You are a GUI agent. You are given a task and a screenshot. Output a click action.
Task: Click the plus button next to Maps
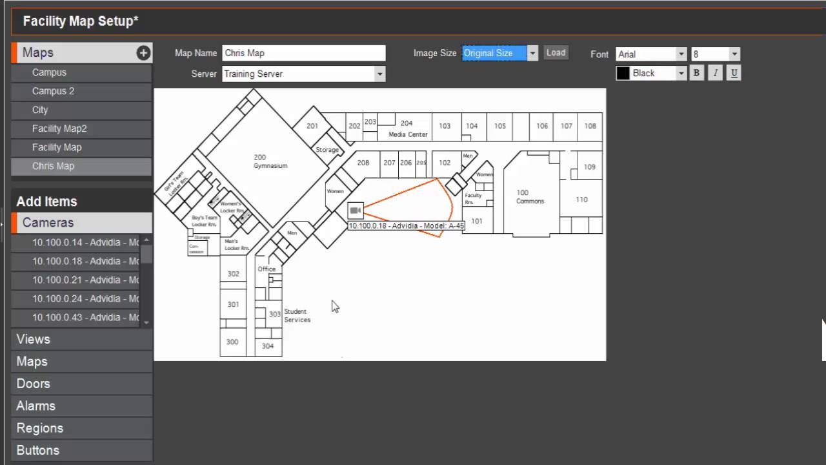tap(143, 53)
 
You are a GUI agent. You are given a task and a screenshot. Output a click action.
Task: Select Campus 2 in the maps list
tap(53, 91)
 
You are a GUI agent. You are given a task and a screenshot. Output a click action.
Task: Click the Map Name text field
tap(303, 53)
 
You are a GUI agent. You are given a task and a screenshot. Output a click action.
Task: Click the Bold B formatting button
tap(696, 73)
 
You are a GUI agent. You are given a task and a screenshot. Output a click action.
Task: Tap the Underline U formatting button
tap(734, 73)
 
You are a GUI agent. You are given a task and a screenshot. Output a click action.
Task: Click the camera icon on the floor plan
tap(355, 211)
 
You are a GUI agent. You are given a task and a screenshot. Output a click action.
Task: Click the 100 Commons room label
tap(530, 197)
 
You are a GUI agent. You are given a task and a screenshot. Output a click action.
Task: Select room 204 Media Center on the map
tap(407, 128)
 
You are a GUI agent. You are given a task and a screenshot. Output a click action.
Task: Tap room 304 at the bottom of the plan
tap(268, 346)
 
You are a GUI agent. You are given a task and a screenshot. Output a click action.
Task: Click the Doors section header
tap(34, 384)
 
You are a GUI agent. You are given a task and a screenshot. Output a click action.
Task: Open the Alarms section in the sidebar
tap(36, 406)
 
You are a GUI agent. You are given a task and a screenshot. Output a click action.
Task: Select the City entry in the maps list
tap(40, 110)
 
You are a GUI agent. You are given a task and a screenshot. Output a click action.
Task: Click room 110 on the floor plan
tap(581, 200)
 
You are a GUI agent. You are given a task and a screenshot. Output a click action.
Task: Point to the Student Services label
tap(297, 315)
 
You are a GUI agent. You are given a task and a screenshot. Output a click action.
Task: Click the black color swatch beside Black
tap(623, 73)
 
